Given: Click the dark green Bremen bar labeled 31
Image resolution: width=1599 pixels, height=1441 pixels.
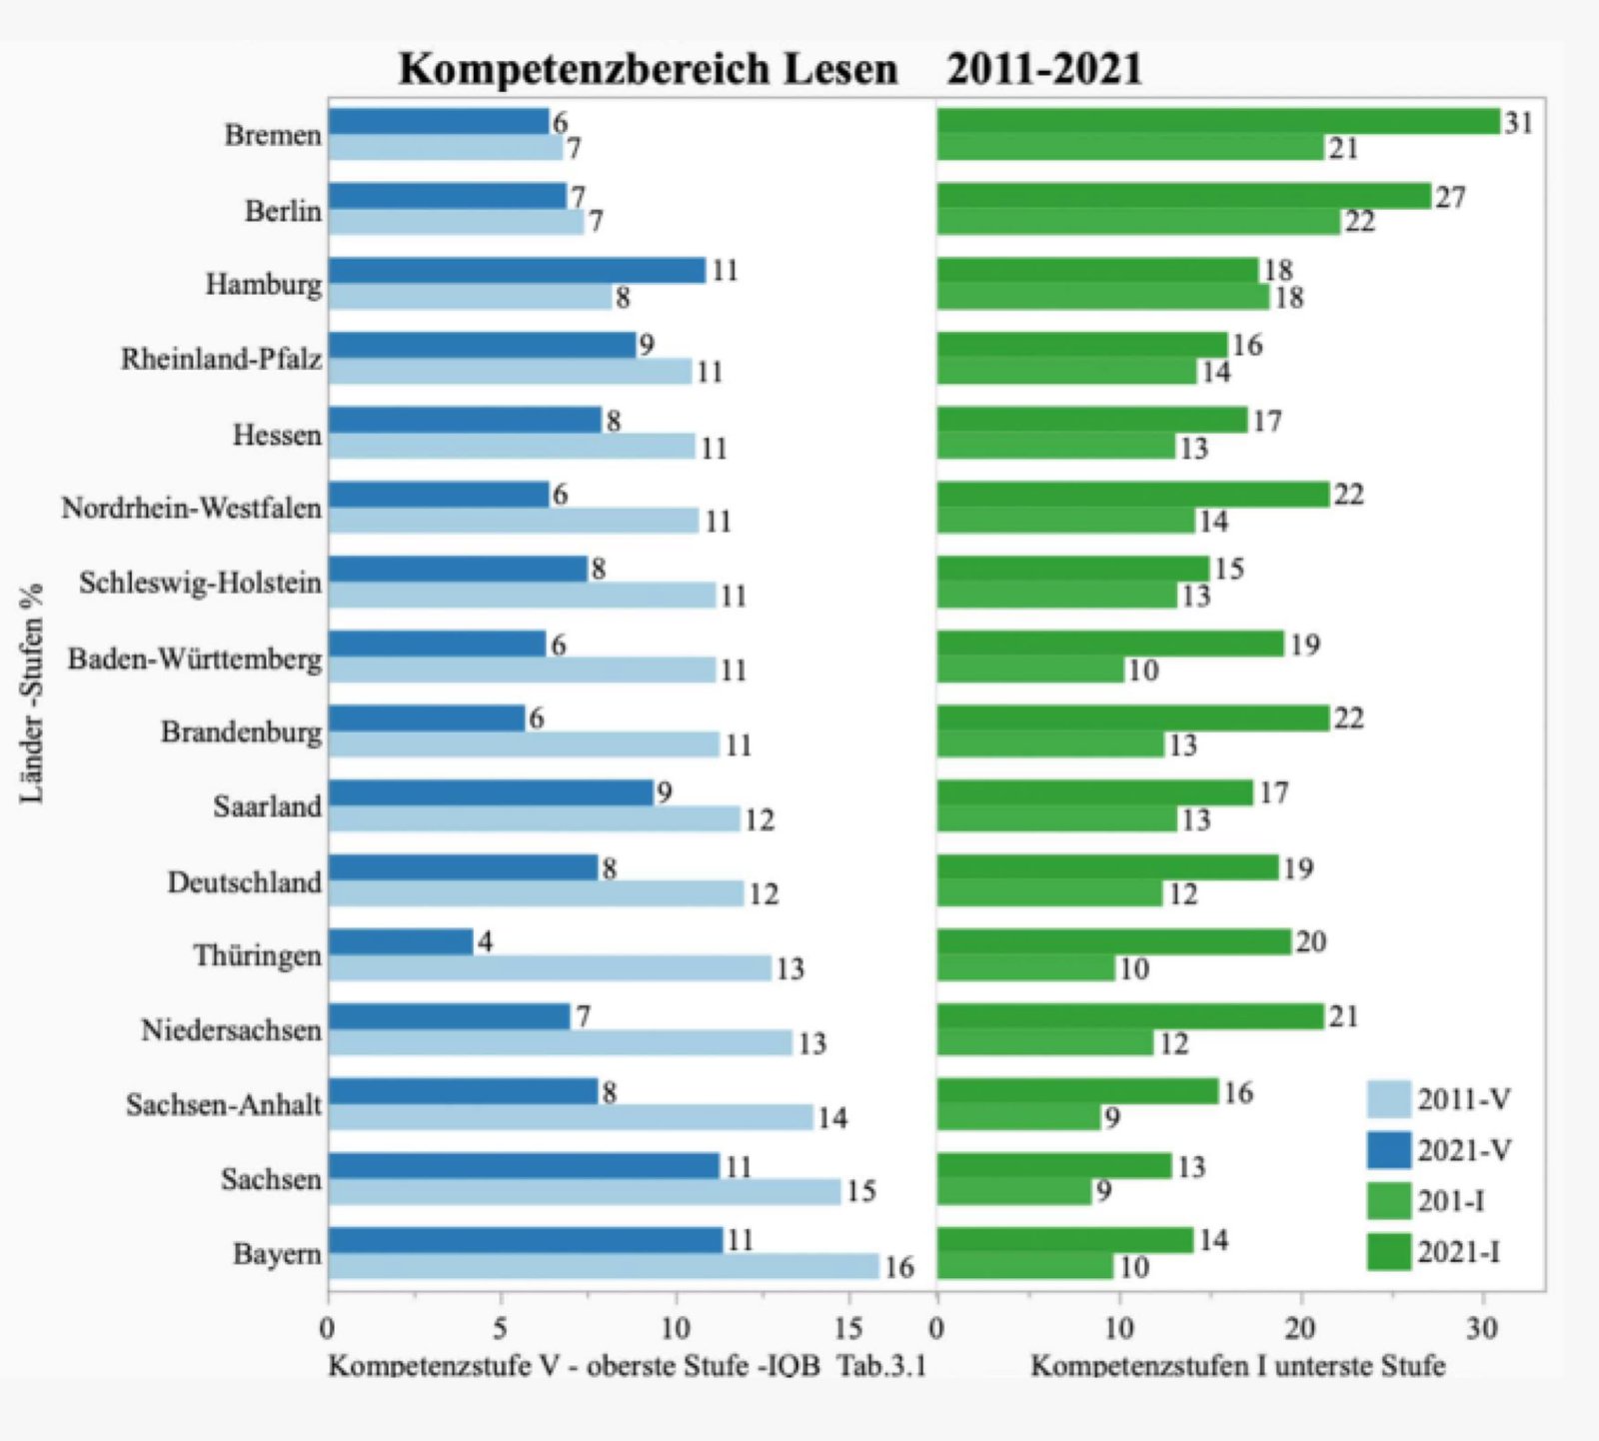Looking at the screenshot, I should pyautogui.click(x=1218, y=121).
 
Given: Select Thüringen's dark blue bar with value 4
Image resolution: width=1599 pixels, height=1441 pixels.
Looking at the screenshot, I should pyautogui.click(x=401, y=941).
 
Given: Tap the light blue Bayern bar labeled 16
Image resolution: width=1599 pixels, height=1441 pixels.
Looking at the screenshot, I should pyautogui.click(x=604, y=1266).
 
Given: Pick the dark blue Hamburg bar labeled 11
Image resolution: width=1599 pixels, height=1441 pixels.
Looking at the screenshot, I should pyautogui.click(x=517, y=270).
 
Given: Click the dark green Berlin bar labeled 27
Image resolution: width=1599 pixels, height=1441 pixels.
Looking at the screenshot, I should pyautogui.click(x=1184, y=196).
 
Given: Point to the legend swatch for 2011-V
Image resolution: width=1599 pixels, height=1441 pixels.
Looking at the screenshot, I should pyautogui.click(x=1388, y=1099).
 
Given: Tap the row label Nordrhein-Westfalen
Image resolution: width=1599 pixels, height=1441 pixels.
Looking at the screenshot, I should pyautogui.click(x=192, y=509).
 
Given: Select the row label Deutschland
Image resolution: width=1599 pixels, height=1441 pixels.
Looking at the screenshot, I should pyautogui.click(x=245, y=882).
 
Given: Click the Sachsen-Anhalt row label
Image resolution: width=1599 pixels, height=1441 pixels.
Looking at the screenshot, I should pyautogui.click(x=224, y=1105).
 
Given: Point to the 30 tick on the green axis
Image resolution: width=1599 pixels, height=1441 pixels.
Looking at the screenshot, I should pyautogui.click(x=1482, y=1328).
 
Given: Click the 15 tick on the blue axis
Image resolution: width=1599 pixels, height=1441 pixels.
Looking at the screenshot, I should pyautogui.click(x=847, y=1328).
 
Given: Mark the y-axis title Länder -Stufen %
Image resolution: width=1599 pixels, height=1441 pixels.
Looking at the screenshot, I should pyautogui.click(x=32, y=693).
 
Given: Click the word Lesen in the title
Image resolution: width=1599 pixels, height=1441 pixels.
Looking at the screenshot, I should pyautogui.click(x=839, y=69).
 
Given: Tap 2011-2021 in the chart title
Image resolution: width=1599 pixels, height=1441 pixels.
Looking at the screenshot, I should pyautogui.click(x=1044, y=69).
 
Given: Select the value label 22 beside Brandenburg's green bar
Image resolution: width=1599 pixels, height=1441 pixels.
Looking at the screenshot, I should pyautogui.click(x=1348, y=719).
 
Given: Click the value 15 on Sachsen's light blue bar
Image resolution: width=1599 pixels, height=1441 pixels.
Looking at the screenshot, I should pyautogui.click(x=860, y=1191).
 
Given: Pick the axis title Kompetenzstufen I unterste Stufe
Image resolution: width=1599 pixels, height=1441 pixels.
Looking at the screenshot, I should pyautogui.click(x=1237, y=1365).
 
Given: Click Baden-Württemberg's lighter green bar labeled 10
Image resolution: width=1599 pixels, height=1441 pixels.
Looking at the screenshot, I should pyautogui.click(x=1030, y=670).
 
